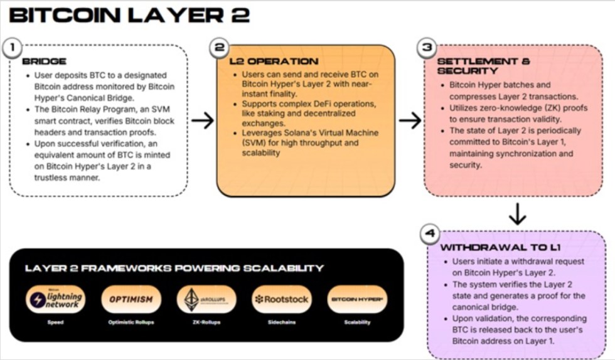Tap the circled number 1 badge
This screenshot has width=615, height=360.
[14, 46]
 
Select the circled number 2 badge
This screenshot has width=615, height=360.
[219, 47]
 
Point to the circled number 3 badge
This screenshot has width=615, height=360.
[426, 47]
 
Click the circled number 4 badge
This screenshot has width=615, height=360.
[429, 234]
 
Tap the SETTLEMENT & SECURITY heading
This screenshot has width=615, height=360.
[483, 66]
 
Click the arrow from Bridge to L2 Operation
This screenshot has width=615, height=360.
[202, 120]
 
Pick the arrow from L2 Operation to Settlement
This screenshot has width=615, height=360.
[410, 120]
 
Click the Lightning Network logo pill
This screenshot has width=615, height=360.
[55, 299]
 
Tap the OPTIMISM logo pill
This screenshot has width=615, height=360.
[131, 299]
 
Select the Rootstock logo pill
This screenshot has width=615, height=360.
[281, 299]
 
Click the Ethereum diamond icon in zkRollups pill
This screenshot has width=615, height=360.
[192, 299]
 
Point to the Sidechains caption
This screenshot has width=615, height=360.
[281, 322]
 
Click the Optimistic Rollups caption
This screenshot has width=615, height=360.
[131, 322]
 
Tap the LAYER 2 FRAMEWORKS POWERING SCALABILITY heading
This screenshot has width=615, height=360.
[174, 268]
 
